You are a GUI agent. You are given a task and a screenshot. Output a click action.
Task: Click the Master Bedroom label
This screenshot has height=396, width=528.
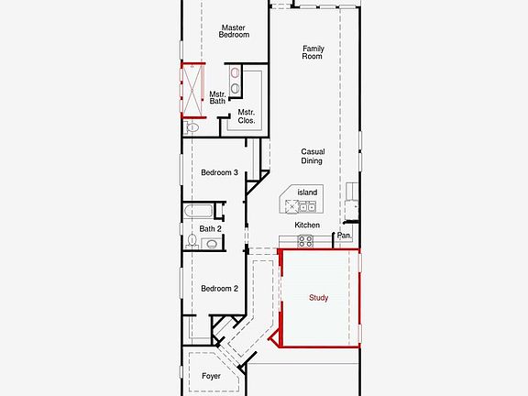(234, 31)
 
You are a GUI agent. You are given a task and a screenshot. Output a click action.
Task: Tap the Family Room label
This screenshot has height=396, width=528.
(313, 51)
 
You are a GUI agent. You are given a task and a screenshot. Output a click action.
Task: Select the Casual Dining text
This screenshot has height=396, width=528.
(312, 157)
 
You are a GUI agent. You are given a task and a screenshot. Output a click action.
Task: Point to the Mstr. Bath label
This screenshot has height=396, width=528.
(217, 97)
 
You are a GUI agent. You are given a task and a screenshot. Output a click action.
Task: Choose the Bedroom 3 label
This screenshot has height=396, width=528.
(219, 172)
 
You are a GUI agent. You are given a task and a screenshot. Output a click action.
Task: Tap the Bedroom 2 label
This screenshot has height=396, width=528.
(219, 288)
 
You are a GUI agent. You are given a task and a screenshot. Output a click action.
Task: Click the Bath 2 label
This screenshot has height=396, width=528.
(210, 228)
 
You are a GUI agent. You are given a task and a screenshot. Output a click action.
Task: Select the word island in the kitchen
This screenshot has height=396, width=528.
(307, 192)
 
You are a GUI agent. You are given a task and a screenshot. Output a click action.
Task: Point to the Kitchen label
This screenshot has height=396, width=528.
(307, 225)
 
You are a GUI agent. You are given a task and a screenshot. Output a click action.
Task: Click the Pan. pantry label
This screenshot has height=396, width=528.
(344, 236)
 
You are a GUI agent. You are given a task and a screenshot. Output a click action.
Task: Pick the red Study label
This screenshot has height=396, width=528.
(318, 297)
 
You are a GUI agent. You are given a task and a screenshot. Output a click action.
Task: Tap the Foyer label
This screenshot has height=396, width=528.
(211, 376)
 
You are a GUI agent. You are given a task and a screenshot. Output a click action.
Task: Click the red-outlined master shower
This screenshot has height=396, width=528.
(192, 89)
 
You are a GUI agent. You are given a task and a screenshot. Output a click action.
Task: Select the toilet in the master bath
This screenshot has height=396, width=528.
(192, 128)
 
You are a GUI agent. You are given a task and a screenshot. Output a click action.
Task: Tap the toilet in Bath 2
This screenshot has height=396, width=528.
(192, 241)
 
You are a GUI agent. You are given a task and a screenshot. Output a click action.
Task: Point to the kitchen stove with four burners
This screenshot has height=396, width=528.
(305, 242)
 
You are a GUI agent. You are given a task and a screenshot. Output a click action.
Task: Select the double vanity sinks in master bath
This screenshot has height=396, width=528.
(236, 81)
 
